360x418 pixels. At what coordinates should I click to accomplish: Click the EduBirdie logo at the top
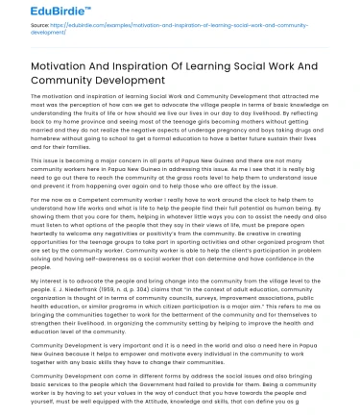tap(45, 15)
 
